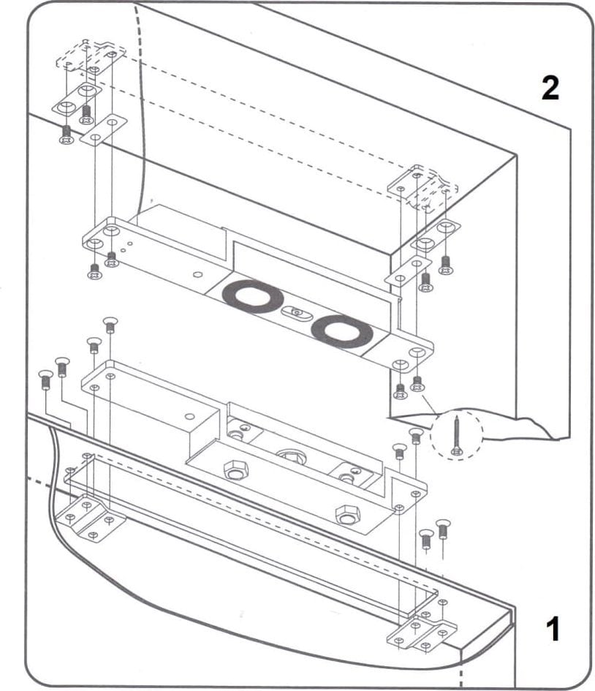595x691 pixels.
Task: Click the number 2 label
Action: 550,88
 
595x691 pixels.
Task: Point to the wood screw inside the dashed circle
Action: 457,436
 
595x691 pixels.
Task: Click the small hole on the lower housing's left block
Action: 189,417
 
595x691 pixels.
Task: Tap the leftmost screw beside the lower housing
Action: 45,380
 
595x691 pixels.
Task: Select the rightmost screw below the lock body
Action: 442,527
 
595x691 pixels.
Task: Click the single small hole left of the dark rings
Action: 197,274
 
